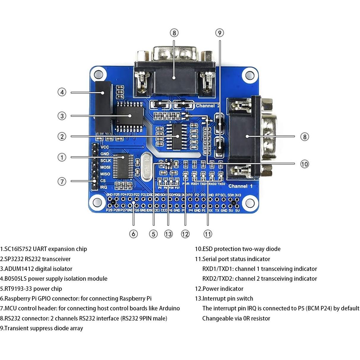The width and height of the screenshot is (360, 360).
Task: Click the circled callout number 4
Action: pyautogui.click(x=62, y=92)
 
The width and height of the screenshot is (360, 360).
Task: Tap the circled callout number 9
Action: pyautogui.click(x=219, y=33)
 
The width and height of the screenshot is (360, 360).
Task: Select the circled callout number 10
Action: pyautogui.click(x=304, y=164)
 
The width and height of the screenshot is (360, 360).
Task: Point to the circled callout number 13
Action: pyautogui.click(x=168, y=234)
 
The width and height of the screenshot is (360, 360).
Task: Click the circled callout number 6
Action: pyautogui.click(x=133, y=234)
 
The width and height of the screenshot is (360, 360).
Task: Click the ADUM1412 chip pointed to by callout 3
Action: pyautogui.click(x=130, y=116)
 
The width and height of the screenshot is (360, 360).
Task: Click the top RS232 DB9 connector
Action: pyautogui.click(x=175, y=71)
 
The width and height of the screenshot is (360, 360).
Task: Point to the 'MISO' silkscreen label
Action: pyautogui.click(x=105, y=174)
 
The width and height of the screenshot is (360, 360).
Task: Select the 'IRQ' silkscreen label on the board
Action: pyautogui.click(x=103, y=187)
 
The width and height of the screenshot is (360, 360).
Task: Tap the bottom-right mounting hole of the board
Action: pyautogui.click(x=248, y=203)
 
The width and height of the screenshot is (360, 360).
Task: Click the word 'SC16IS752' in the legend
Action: pyautogui.click(x=18, y=249)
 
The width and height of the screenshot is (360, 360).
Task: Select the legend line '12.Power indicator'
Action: pyautogui.click(x=219, y=289)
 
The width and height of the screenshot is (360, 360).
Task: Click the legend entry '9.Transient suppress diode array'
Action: pyautogui.click(x=42, y=328)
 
